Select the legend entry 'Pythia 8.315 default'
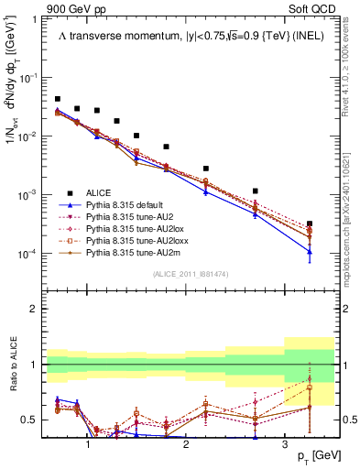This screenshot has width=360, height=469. coord(126,206)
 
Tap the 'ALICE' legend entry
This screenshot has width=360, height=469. coord(100,192)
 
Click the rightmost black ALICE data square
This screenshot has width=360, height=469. coord(310,224)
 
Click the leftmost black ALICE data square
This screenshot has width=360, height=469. coord(58,99)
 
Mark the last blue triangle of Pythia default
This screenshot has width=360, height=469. coord(310,252)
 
